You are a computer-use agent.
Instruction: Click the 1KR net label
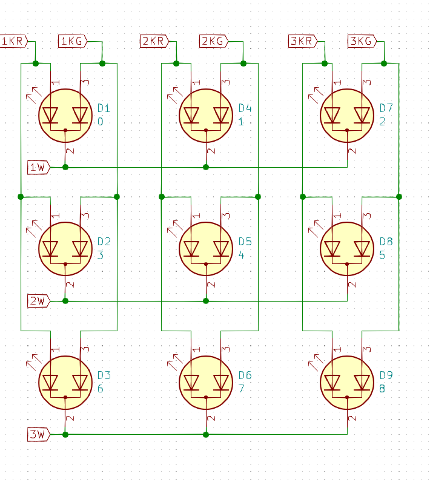pos(13,41)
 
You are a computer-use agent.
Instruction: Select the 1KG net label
pos(72,41)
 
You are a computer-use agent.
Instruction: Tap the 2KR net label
pos(154,41)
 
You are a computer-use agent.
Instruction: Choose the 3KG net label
pos(362,41)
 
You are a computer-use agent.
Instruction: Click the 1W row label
pos(39,167)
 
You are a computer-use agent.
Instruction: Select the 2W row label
pos(39,300)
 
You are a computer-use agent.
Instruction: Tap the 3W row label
pos(39,434)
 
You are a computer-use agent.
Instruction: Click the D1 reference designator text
pos(104,108)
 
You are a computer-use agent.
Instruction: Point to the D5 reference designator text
pos(245,242)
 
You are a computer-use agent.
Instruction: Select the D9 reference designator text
pos(386,375)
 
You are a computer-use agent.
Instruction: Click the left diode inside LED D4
pos(191,114)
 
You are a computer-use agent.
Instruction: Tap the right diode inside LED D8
pos(362,248)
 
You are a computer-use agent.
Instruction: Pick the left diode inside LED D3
pos(50,382)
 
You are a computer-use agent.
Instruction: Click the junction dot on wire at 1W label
pos(65,167)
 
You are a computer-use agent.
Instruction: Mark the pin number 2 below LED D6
pos(211,418)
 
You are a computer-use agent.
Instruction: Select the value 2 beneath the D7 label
pos(382,122)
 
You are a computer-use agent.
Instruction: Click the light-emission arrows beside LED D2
pos(33,228)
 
